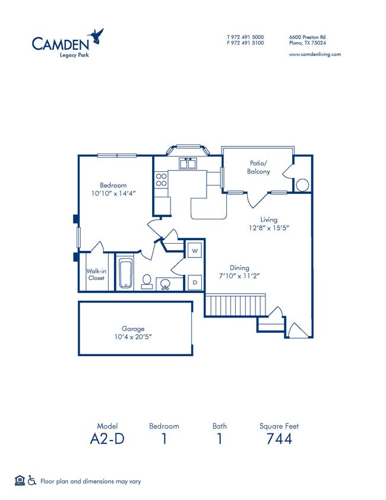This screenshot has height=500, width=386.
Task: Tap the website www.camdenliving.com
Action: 314,54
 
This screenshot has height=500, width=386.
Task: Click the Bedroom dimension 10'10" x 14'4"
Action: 113,194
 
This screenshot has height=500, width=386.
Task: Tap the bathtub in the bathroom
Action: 125,274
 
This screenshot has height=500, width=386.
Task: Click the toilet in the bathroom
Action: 147,281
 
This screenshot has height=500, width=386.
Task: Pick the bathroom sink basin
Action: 166,284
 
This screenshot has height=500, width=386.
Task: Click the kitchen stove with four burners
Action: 161,180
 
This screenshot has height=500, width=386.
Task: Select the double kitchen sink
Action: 188,163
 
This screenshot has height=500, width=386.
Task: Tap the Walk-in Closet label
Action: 96,274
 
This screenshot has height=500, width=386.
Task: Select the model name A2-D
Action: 107,439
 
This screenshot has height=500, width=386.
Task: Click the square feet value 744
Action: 279,439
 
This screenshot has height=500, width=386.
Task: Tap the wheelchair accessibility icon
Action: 31,481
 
